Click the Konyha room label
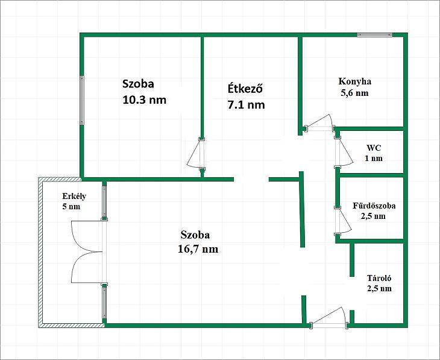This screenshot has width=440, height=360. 354,81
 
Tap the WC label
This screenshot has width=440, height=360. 374,148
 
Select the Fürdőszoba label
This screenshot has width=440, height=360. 374,206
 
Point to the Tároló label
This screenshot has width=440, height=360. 379,278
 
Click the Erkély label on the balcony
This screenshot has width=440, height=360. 74,196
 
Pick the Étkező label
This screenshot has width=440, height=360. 245,89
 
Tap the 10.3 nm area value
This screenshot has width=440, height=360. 144,100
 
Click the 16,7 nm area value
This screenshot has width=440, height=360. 198,249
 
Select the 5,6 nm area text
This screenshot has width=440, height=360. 354,93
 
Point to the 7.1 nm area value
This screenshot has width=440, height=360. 246,105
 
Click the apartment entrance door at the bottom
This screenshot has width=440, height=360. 329,317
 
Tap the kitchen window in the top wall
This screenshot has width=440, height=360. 375,35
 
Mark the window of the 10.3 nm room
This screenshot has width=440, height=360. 82,100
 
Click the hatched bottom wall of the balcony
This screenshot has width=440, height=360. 72,326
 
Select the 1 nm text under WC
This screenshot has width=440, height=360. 374,158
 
